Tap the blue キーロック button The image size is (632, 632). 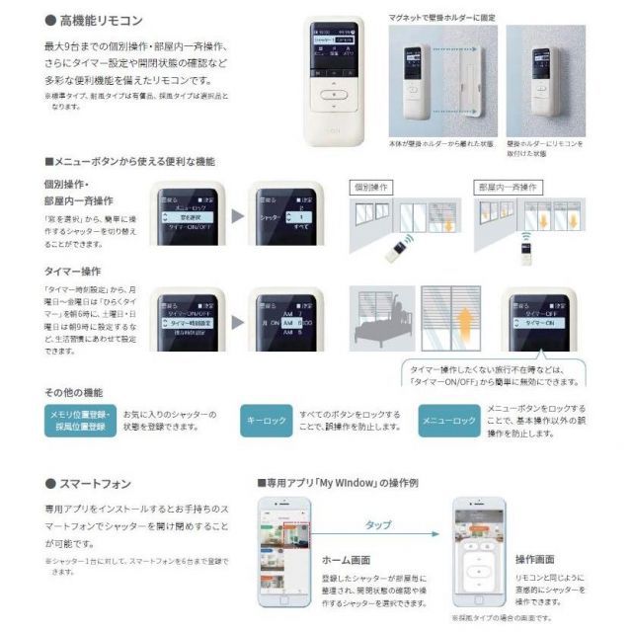click(x=269, y=421)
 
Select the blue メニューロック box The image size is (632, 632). click(x=449, y=421)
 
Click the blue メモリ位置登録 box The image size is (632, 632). click(x=82, y=421)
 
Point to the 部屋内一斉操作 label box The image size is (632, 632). click(x=507, y=187)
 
